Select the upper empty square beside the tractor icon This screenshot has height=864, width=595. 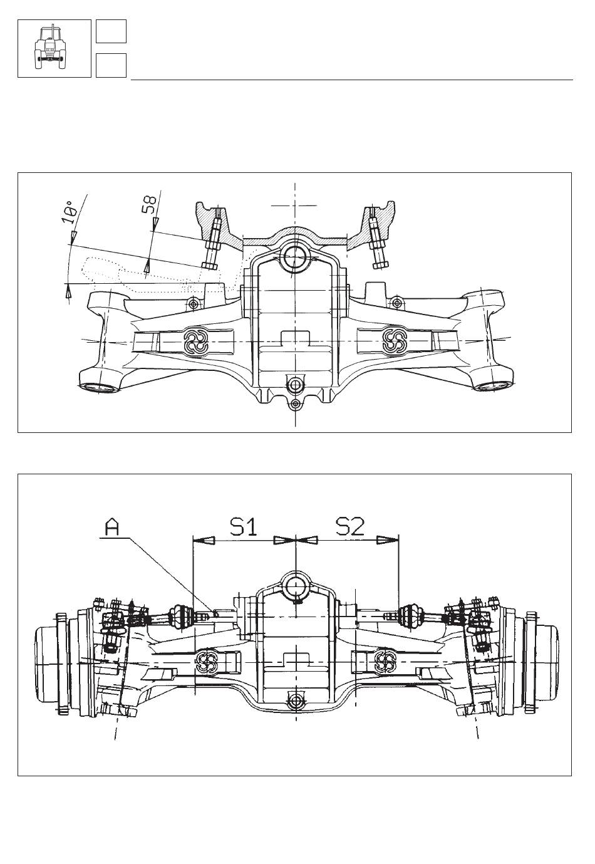(111, 31)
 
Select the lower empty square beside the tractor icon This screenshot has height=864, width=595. (111, 65)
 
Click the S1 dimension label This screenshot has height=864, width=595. (243, 526)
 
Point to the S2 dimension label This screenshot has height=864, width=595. (349, 526)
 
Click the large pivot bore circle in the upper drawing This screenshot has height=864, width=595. (294, 256)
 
